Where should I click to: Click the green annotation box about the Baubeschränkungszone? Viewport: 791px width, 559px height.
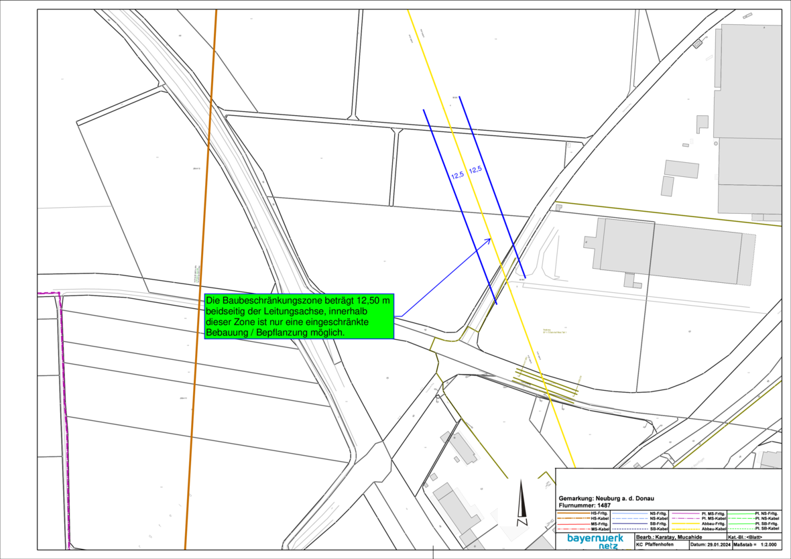click(299, 316)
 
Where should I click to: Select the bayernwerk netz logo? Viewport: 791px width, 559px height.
click(595, 541)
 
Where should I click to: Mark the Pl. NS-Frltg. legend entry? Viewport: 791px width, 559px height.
click(766, 513)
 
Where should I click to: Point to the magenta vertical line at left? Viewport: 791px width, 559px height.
click(64, 416)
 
